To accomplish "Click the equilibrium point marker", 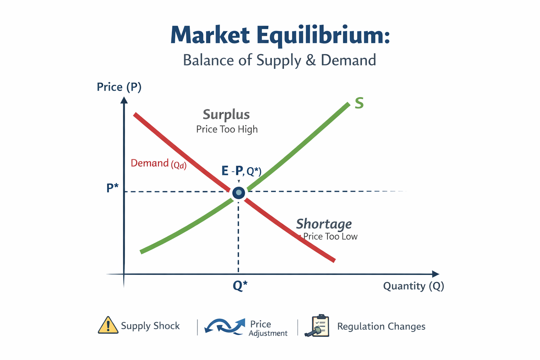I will click(239, 192).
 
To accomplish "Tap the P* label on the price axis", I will click(112, 188).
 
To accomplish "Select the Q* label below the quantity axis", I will click(240, 286).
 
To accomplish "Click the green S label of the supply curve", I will click(359, 103).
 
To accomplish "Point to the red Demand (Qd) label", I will click(158, 163).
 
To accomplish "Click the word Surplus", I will click(226, 115).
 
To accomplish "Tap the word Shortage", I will click(324, 224).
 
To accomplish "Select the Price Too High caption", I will click(227, 129).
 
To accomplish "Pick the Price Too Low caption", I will click(330, 237).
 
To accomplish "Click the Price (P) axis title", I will click(119, 87).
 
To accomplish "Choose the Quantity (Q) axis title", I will click(413, 286).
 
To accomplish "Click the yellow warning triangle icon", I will click(108, 325).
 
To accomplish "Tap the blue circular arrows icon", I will click(225, 326).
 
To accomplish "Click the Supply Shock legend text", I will click(150, 326).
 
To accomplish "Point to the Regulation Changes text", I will click(381, 327).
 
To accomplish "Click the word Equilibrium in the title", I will click(323, 36).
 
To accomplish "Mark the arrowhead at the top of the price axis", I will click(124, 100).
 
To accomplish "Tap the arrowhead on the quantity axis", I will click(436, 274).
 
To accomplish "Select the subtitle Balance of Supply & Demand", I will click(279, 60).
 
